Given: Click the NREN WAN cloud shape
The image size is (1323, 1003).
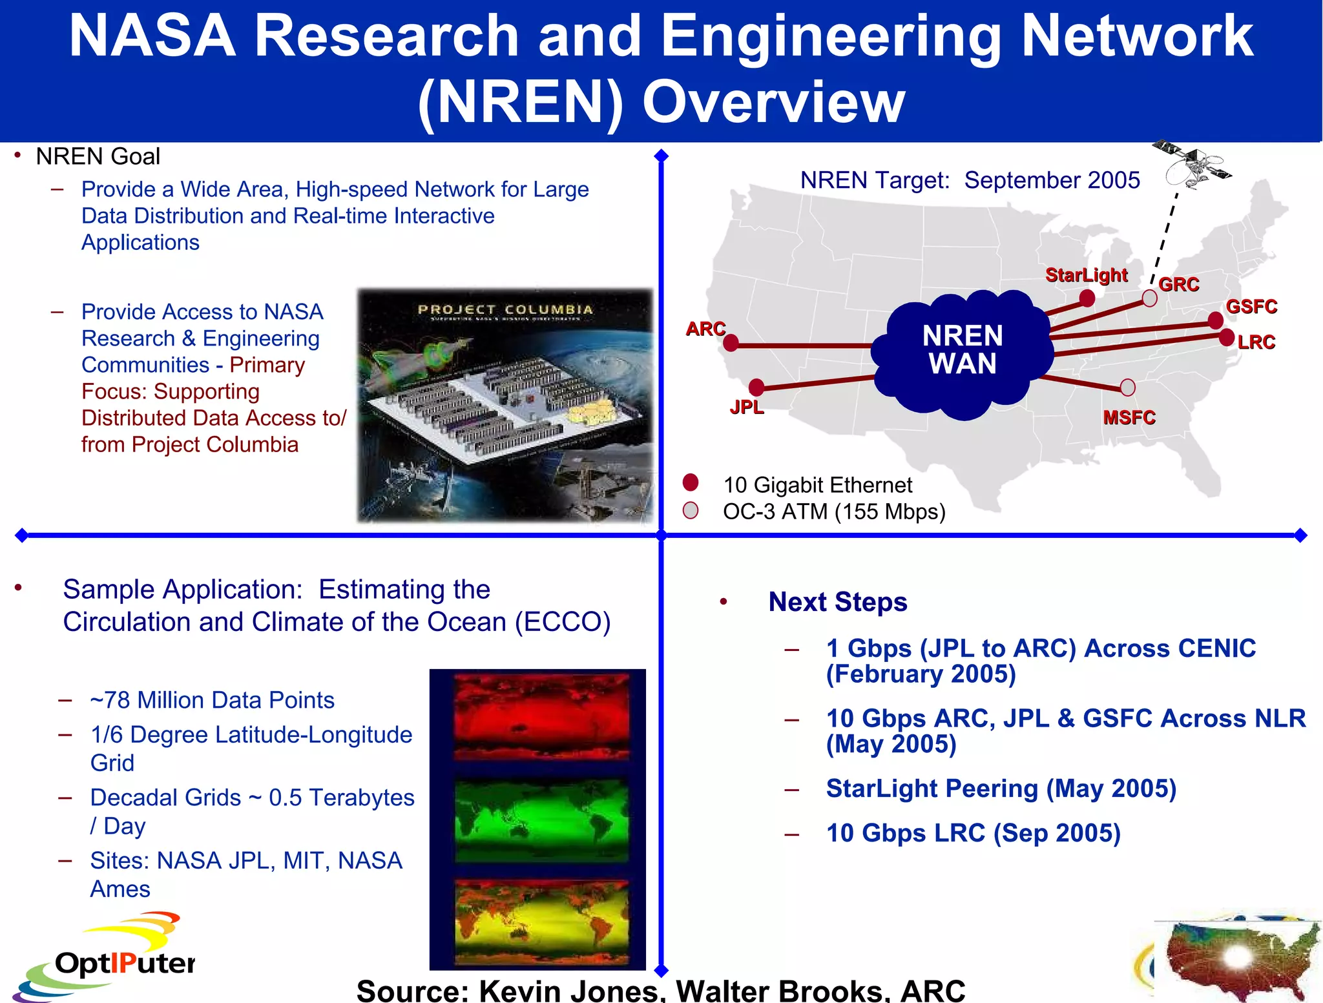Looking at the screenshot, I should coord(962,351).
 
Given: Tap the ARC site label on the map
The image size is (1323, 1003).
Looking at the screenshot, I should coord(705,329).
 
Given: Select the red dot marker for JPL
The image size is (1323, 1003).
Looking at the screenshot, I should coord(756,387).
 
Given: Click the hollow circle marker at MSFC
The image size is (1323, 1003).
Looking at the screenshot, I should coord(1128,388).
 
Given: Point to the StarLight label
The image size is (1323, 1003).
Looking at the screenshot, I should coord(1087,275).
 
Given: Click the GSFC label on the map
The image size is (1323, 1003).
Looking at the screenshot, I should coord(1251,306).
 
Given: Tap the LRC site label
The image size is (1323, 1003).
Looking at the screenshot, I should coord(1256,342).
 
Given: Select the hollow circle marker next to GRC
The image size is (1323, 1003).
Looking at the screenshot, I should coord(1150,298).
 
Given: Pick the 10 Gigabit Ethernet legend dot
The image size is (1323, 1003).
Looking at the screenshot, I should coord(691,482).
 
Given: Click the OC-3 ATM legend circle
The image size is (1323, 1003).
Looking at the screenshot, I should coord(691,510).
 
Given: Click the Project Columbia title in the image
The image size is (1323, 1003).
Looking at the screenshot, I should coord(505,310).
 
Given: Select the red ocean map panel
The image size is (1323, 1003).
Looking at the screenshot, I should coord(541,716).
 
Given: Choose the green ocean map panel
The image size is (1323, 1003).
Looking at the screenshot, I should coord(541,820).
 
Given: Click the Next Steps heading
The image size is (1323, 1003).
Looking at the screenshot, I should coord(838,602).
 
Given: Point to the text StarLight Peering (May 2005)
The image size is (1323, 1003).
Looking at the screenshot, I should coord(1001,789).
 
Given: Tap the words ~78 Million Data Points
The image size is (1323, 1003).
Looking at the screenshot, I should coord(212,700).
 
